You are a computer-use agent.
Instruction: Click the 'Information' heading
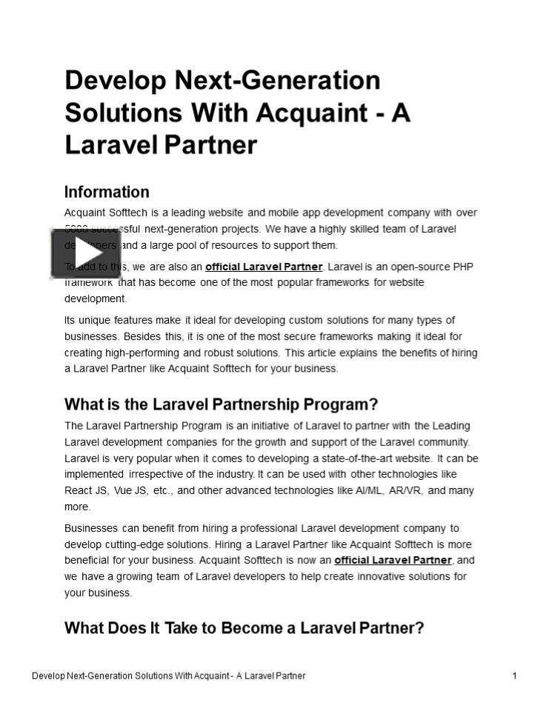(107, 192)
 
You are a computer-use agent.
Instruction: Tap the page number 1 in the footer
(514, 675)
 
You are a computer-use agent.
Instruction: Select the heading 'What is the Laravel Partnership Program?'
(221, 404)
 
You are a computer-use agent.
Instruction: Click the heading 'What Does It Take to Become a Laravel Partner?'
(244, 628)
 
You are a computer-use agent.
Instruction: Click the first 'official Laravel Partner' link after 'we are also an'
(264, 267)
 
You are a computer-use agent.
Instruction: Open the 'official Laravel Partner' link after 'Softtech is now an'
(393, 560)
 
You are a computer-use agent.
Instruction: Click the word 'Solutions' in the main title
(124, 113)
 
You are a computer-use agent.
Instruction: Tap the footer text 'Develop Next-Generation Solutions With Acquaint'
(130, 675)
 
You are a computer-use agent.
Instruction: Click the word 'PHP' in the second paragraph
(463, 267)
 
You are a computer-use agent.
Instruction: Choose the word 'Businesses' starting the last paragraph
(91, 528)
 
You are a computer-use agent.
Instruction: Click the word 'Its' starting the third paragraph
(70, 320)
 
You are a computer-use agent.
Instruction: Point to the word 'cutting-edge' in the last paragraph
(136, 544)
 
